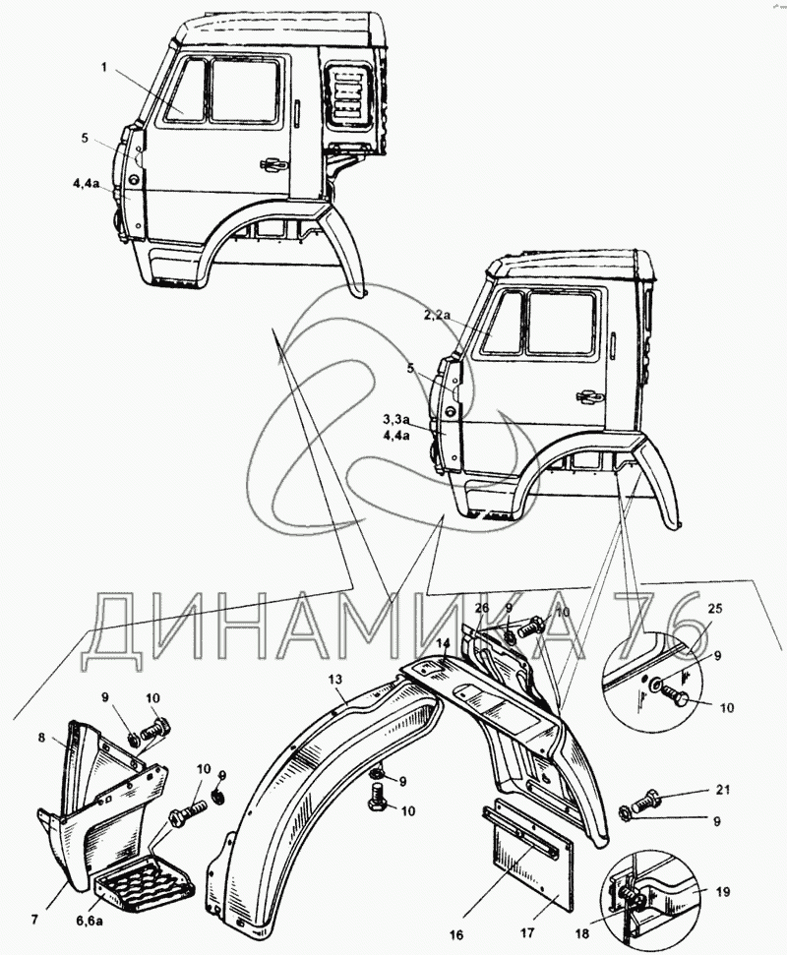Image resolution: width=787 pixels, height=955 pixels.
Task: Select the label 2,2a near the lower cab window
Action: point(437,315)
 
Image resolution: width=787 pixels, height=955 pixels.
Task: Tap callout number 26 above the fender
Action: point(482,607)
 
